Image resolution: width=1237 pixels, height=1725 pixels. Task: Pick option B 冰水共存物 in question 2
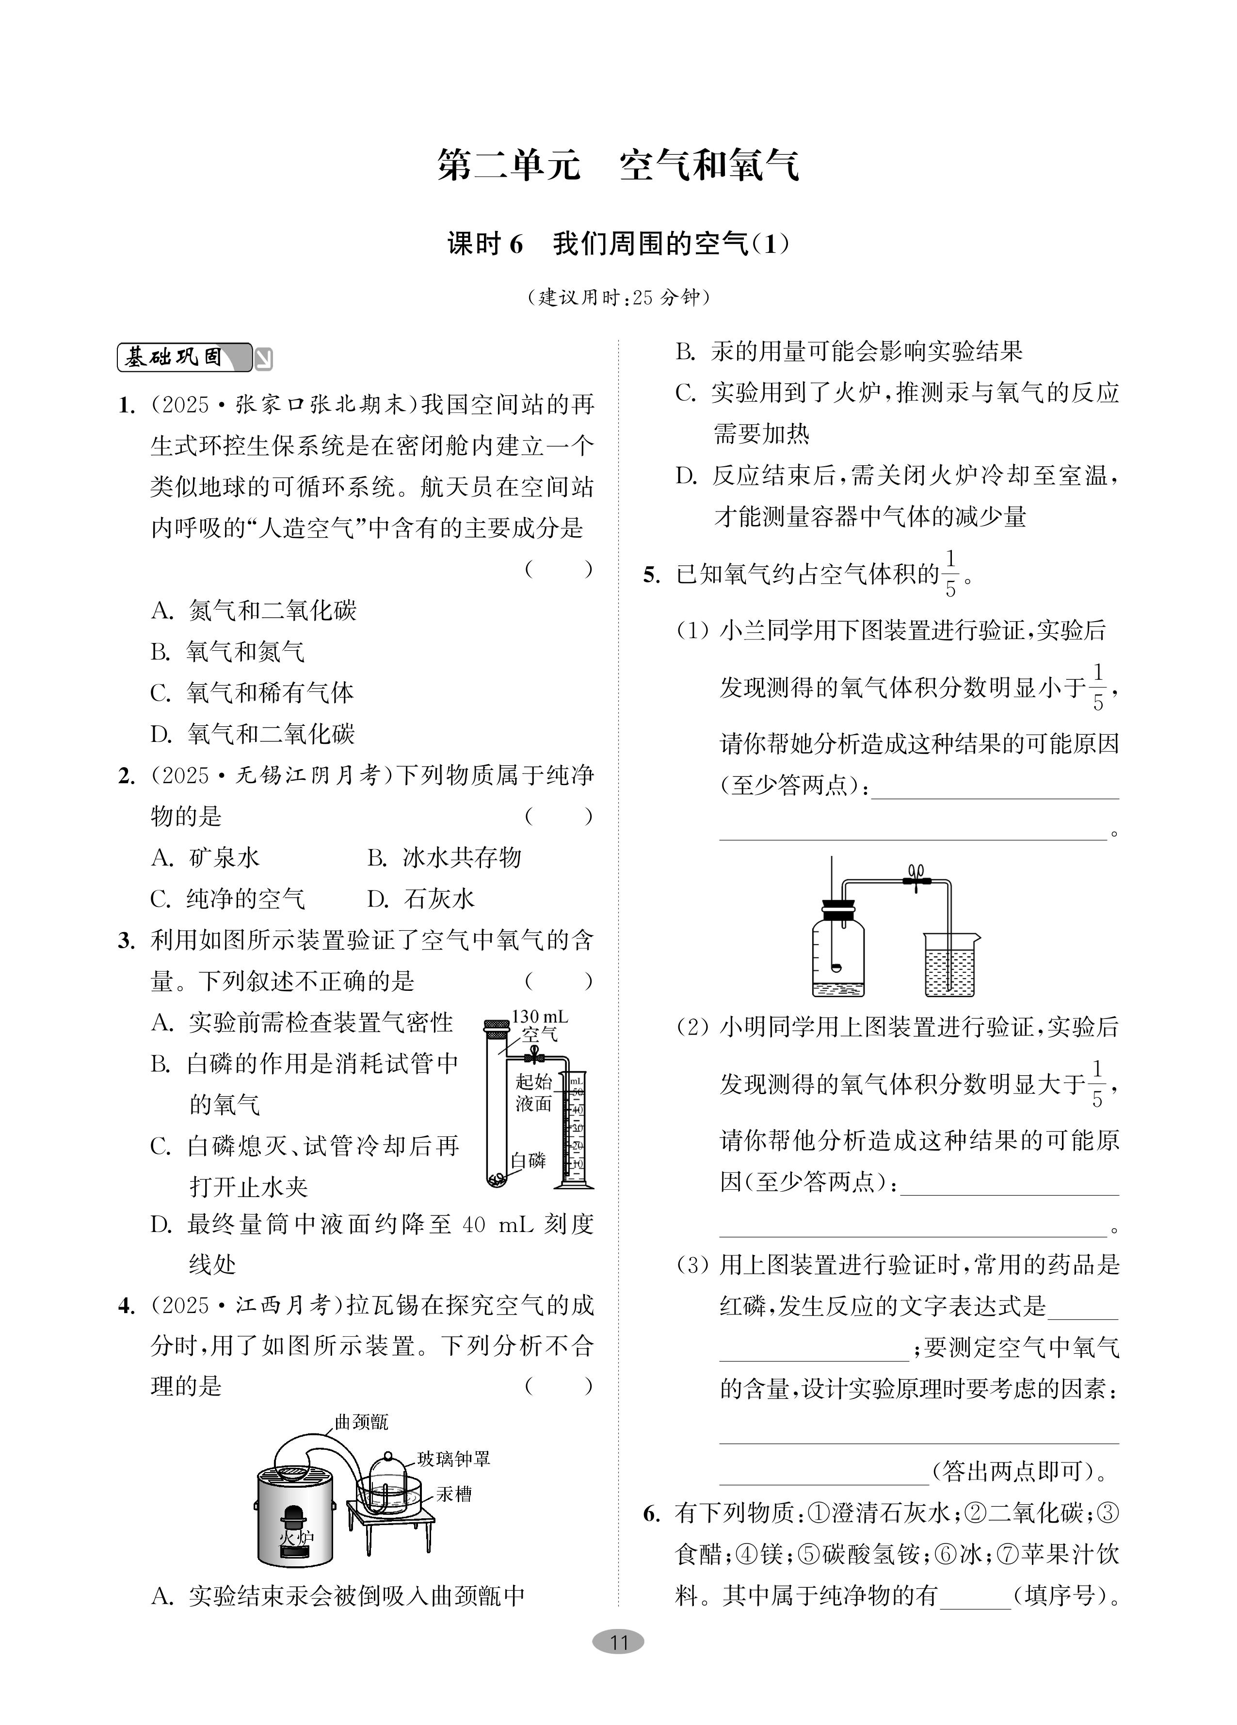445,858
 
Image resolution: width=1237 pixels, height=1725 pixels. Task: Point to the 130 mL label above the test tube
540,1017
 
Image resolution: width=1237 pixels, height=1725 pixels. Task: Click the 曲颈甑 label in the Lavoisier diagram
361,1422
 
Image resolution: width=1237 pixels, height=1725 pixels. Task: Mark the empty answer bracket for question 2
558,817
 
